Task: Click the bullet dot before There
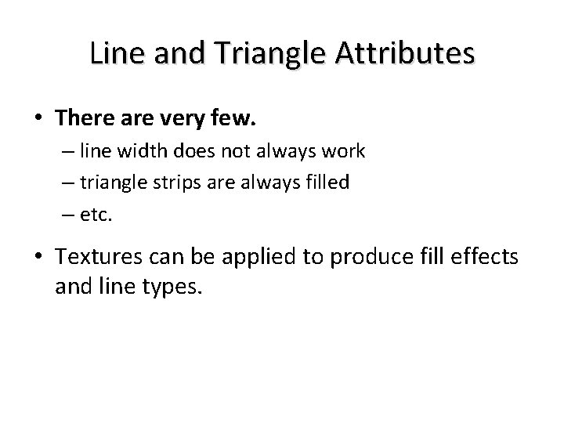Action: point(39,119)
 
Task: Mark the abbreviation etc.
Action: point(96,214)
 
